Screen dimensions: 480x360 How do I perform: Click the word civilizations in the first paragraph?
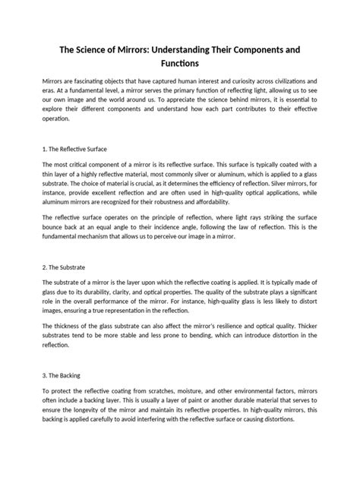pos(286,81)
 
